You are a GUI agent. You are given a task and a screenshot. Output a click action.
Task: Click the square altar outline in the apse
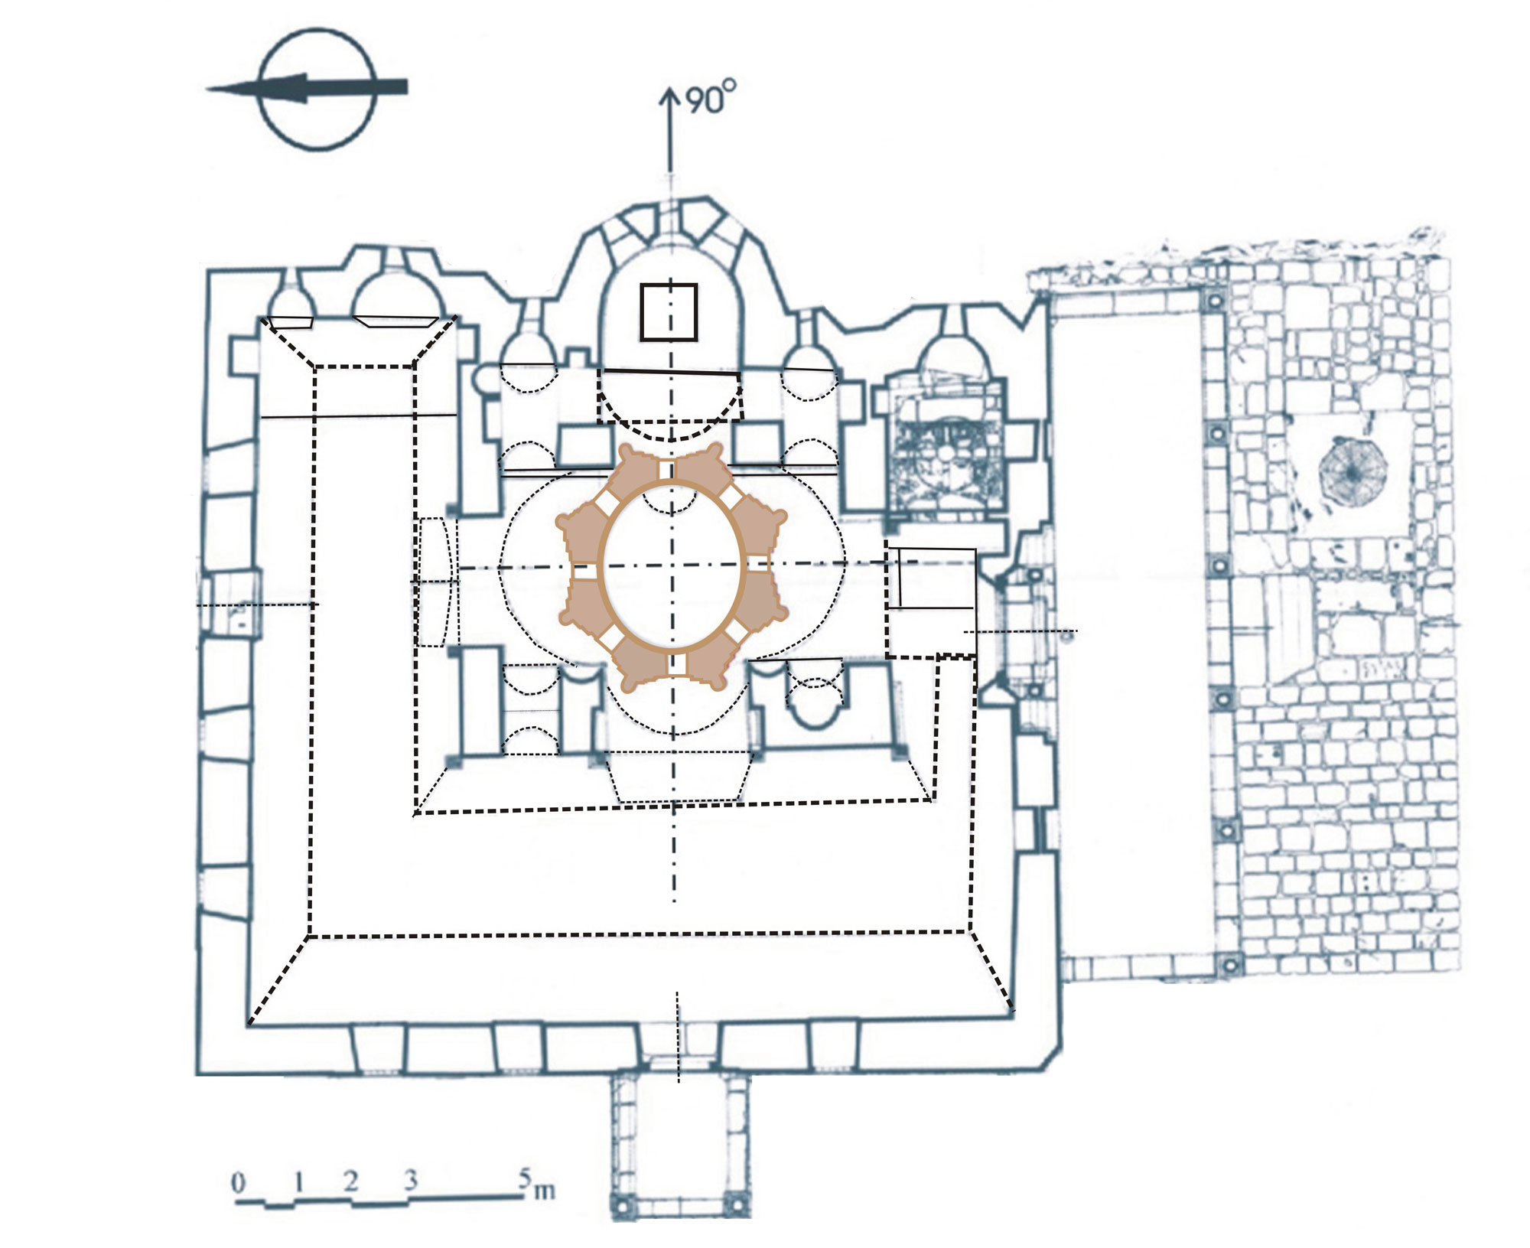point(669,311)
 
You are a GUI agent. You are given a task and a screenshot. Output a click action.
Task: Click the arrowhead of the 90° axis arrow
point(670,98)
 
